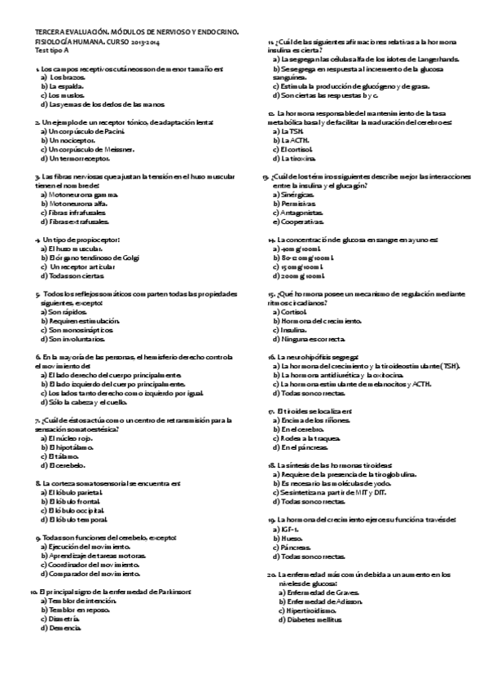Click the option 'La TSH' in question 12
point(290,130)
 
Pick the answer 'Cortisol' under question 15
point(293,312)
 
